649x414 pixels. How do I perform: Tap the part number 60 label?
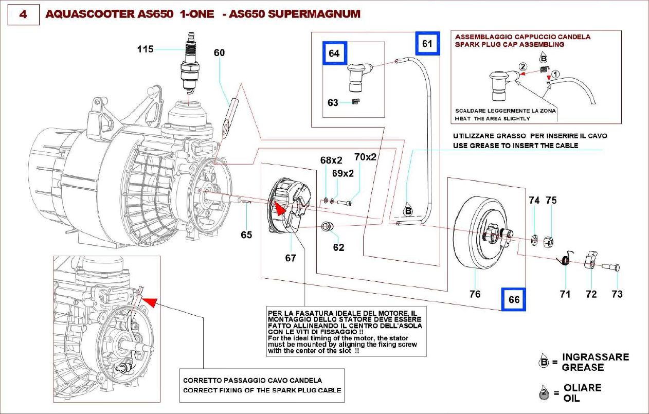220,53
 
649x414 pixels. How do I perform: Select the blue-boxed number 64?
334,53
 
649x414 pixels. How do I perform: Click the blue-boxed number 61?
427,44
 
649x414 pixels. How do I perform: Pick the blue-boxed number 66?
514,299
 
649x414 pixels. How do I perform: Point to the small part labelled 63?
355,101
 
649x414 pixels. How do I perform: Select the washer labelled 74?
534,239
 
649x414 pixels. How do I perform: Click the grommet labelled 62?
327,226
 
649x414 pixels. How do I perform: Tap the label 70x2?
365,157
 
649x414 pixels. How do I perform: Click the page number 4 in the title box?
23,14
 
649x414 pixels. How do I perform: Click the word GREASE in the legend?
583,367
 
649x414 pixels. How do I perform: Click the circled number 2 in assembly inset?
522,67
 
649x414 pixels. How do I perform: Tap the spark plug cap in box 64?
356,75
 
